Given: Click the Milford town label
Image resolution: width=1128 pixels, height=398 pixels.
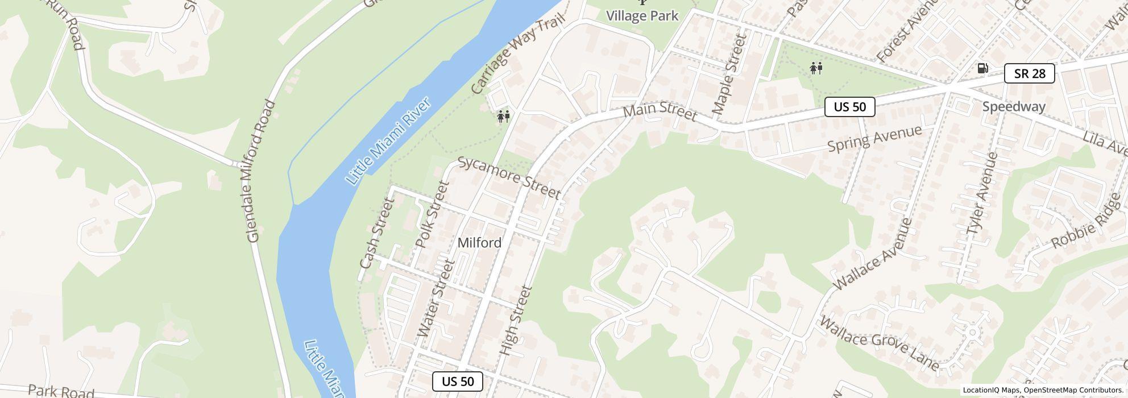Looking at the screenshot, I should point(479,243).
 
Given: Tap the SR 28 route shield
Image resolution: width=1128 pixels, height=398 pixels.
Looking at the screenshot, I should point(1029,73).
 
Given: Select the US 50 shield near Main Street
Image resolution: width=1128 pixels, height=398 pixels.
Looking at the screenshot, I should point(849,107).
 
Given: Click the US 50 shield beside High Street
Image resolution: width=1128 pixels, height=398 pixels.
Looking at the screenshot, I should point(458,382).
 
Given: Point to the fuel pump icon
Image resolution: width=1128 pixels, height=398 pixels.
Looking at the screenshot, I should point(982,68).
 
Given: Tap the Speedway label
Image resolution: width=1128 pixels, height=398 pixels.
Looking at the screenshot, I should point(1014,107).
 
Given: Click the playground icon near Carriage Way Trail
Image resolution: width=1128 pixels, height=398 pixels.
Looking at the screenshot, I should point(503,117).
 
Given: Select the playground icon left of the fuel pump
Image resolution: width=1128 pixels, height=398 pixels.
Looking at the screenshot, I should point(816,68).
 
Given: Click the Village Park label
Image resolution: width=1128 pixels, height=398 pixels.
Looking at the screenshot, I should point(642,15).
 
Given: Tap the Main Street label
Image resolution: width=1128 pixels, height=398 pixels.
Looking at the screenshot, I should point(660,112).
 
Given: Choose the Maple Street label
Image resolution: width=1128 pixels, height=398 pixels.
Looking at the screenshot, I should point(728,74).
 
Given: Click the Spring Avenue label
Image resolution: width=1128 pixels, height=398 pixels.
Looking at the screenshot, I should point(874,138).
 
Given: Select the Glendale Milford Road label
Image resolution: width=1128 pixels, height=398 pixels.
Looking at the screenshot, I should point(261,171).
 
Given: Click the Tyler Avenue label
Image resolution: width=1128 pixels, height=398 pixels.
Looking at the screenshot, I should point(982,193).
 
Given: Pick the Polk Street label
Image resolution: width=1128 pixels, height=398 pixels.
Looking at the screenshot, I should point(432,215).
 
